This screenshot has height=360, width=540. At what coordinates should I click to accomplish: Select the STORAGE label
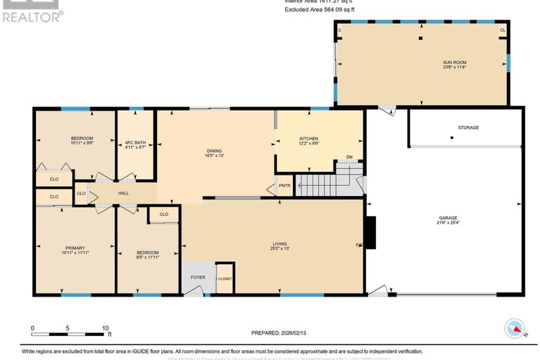pyautogui.click(x=468, y=128)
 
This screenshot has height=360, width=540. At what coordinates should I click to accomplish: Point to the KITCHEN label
pyautogui.click(x=309, y=138)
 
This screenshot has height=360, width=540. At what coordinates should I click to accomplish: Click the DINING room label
pyautogui.click(x=215, y=149)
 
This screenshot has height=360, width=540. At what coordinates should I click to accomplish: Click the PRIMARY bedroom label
pyautogui.click(x=75, y=247)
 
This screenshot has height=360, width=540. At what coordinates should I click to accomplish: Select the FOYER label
pyautogui.click(x=198, y=278)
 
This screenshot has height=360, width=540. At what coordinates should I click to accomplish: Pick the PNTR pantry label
pyautogui.click(x=284, y=186)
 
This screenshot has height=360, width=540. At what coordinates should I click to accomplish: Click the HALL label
pyautogui.click(x=123, y=193)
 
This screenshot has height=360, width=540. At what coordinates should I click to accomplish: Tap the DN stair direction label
pyautogui.click(x=349, y=157)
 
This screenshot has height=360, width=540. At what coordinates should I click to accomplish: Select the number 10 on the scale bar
pyautogui.click(x=105, y=328)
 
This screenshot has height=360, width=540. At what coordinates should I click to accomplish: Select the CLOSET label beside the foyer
pyautogui.click(x=224, y=279)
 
